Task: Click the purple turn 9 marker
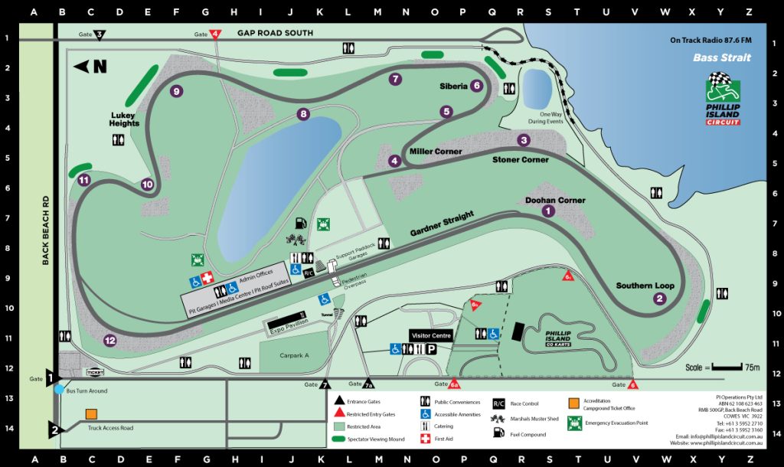point(177,91)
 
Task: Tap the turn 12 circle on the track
point(110,341)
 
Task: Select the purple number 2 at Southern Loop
point(659,299)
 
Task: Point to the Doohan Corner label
point(555,201)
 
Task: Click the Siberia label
point(453,87)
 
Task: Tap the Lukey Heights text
point(124,119)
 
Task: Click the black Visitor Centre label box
point(430,335)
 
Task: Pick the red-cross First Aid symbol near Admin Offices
point(207,279)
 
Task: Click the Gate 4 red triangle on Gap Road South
point(216,34)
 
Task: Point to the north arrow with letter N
point(90,67)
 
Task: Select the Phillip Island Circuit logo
point(722,100)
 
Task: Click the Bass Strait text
point(722,57)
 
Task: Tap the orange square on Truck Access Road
point(91,414)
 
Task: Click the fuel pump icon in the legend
point(498,433)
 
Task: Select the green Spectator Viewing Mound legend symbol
point(341,439)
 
